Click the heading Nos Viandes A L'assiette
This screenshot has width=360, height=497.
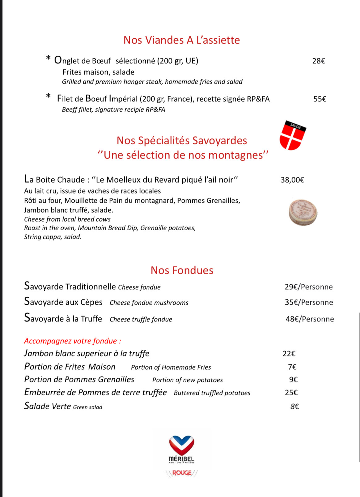182,40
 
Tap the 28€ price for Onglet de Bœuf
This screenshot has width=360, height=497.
319,61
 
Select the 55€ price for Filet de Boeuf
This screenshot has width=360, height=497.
320,99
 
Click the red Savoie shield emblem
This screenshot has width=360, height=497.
292,136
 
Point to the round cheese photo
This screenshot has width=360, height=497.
303,212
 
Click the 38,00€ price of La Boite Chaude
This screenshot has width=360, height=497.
292,180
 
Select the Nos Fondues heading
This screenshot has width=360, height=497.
182,270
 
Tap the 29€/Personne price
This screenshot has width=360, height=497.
309,287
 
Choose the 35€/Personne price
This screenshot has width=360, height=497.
309,302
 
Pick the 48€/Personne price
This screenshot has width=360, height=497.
310,319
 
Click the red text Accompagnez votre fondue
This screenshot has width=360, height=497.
73,341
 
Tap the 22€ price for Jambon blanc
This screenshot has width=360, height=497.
289,354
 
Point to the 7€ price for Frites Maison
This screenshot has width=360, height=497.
292,367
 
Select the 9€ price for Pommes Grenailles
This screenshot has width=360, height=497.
293,380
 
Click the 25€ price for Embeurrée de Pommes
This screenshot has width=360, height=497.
291,393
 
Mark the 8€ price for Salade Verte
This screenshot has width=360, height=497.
294,406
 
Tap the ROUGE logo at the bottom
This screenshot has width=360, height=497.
182,473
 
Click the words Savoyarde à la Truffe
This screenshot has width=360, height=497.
63,318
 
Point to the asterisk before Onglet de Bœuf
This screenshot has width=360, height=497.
48,58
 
